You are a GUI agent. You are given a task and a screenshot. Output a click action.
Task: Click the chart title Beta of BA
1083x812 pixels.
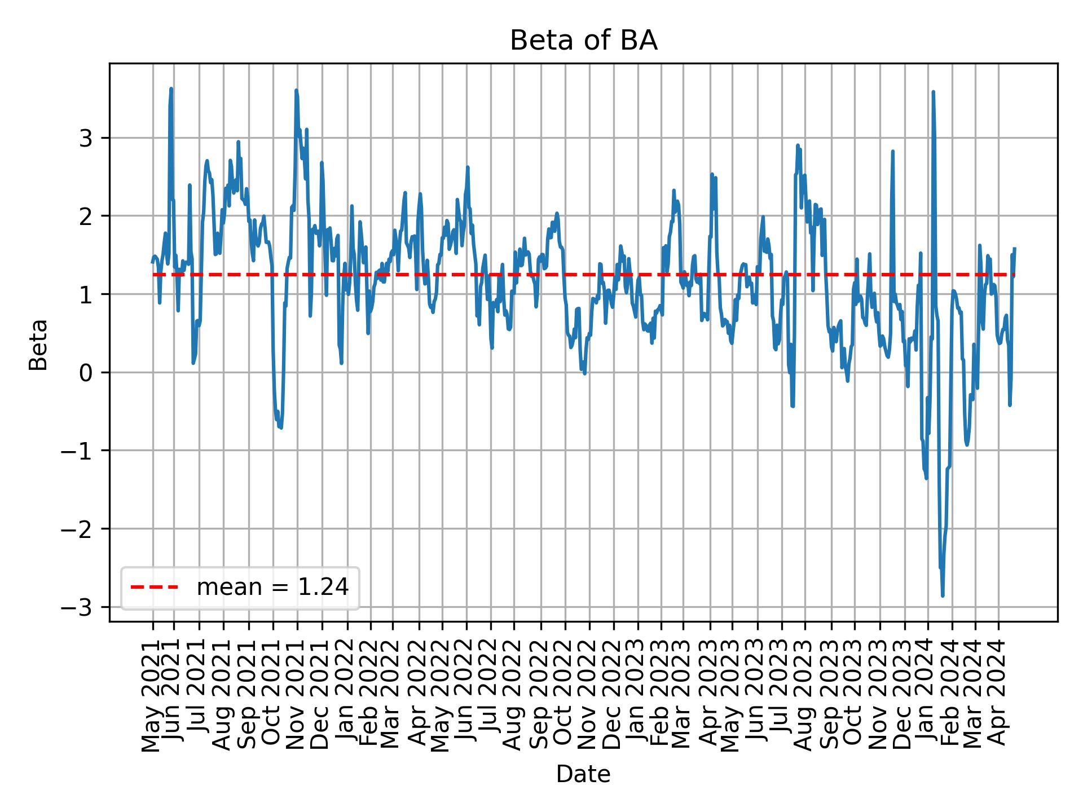click(583, 41)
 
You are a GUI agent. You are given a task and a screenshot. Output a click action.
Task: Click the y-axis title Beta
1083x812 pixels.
click(38, 345)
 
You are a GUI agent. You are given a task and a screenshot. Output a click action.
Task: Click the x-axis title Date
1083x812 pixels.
click(583, 774)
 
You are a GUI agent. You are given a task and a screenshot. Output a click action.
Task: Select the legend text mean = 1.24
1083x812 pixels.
click(272, 588)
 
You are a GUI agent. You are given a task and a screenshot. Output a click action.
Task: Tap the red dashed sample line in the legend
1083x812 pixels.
click(154, 588)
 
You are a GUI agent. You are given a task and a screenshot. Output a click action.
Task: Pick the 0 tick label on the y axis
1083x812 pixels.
click(85, 373)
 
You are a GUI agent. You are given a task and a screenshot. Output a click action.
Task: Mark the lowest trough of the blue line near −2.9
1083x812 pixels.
click(943, 595)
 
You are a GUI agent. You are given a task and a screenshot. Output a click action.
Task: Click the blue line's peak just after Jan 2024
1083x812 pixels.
click(933, 92)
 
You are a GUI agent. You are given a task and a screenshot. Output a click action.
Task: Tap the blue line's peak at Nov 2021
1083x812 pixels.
click(296, 90)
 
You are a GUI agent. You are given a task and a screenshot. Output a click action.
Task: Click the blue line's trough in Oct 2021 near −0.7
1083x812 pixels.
click(280, 427)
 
